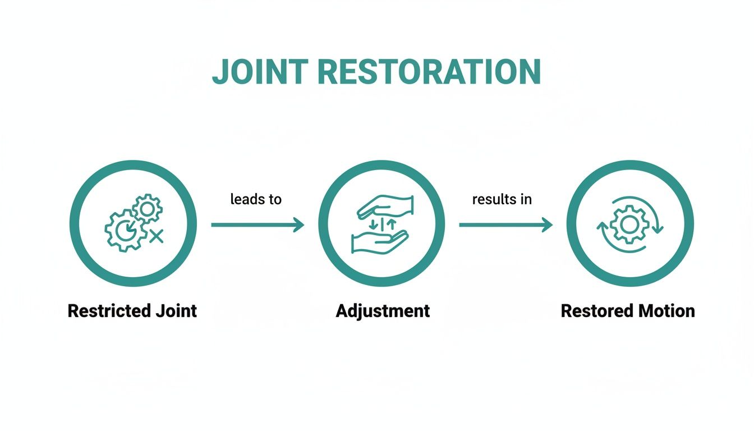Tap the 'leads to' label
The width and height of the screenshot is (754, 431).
click(256, 199)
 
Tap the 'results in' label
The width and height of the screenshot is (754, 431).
click(502, 199)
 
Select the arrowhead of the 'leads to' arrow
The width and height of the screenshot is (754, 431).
click(298, 225)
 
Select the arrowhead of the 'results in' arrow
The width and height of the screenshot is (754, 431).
click(546, 225)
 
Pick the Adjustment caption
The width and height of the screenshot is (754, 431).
click(383, 310)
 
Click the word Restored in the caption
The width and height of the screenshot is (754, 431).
click(595, 310)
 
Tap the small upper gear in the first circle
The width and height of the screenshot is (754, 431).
click(148, 209)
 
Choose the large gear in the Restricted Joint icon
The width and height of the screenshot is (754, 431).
click(126, 230)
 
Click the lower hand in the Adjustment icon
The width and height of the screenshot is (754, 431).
click(379, 242)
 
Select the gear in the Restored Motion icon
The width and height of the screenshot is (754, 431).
click(629, 224)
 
